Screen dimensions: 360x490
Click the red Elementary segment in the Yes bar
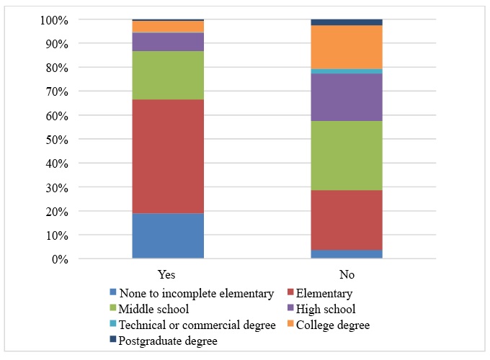click(167, 156)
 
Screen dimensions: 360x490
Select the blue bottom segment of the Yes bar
click(167, 235)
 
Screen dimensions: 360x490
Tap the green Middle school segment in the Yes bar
click(167, 75)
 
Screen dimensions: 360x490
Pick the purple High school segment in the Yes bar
click(167, 42)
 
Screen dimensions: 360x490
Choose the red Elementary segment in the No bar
click(346, 220)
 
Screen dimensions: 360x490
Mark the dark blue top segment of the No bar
click(346, 22)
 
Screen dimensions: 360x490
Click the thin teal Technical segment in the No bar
click(346, 71)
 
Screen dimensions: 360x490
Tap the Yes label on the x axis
click(167, 274)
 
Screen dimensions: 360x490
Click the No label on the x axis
click(346, 274)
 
